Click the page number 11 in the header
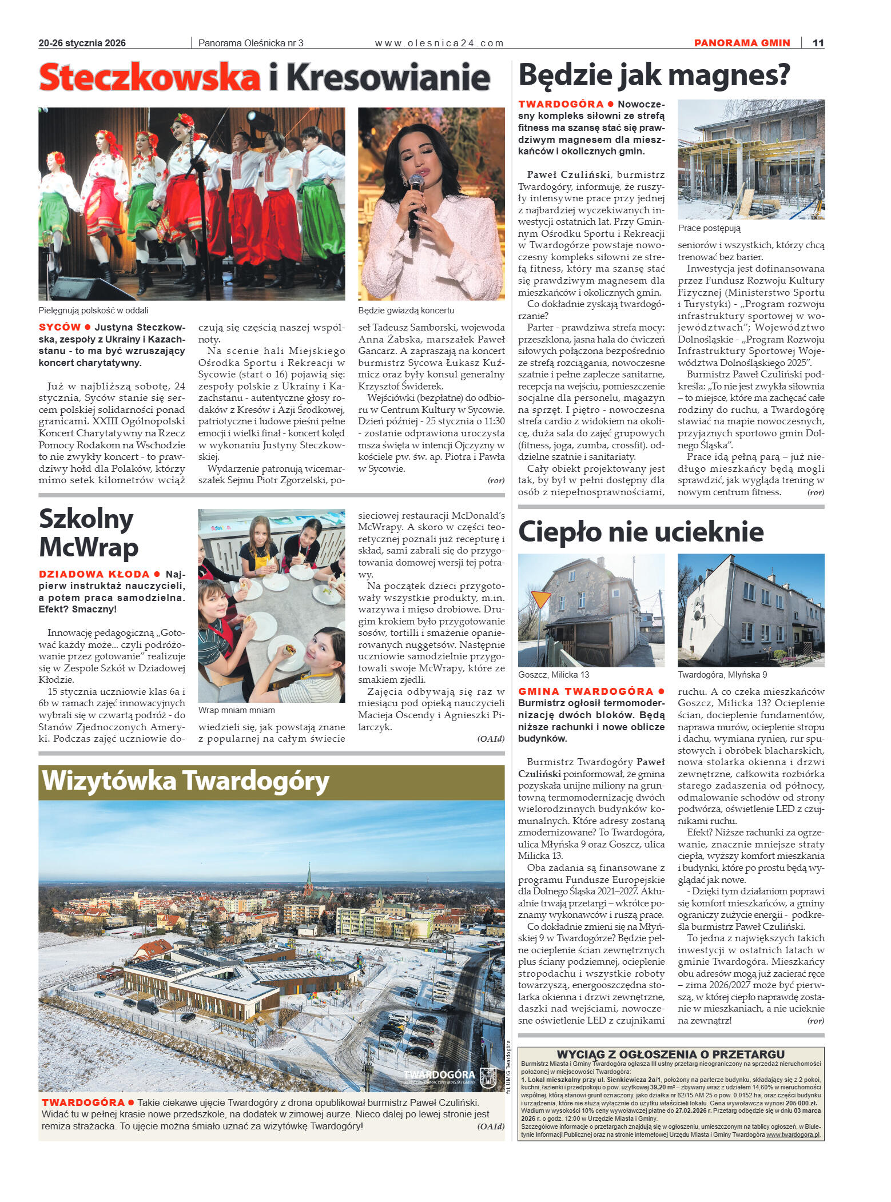[x=818, y=43]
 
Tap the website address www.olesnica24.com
[x=439, y=43]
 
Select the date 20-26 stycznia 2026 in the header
[x=82, y=43]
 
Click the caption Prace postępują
[x=709, y=228]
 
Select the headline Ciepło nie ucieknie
[x=641, y=531]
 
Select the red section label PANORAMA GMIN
[x=742, y=43]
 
